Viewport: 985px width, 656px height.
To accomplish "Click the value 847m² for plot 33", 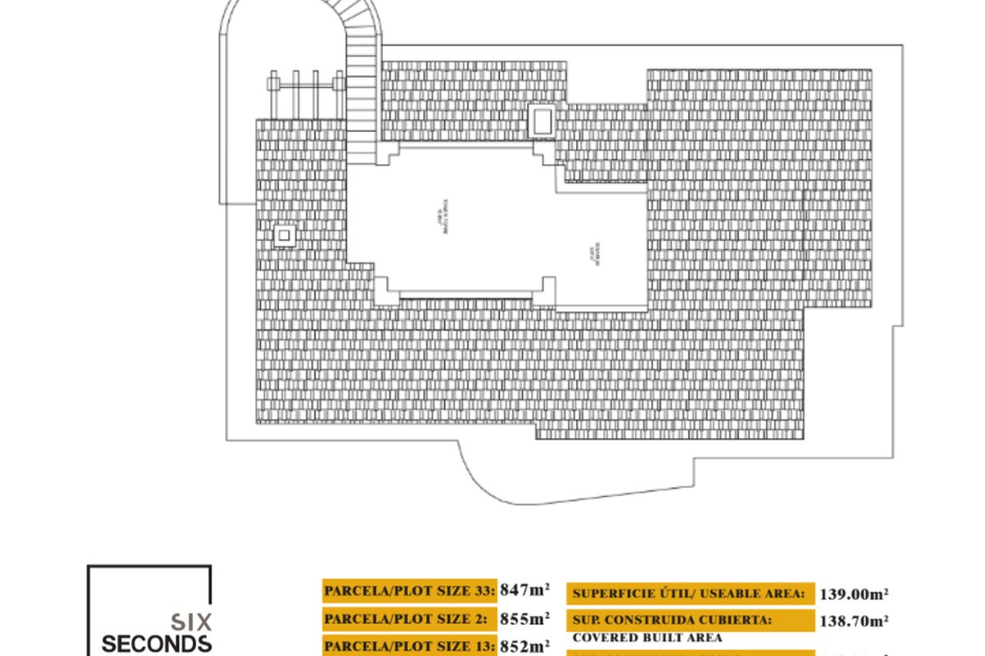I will pyautogui.click(x=525, y=590).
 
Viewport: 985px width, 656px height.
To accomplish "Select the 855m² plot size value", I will pyautogui.click(x=525, y=618).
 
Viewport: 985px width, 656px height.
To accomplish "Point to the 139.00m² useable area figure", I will pyautogui.click(x=854, y=594).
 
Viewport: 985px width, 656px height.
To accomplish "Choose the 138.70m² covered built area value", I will pyautogui.click(x=854, y=622).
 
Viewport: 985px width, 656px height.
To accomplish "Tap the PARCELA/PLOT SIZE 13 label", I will pyautogui.click(x=410, y=645).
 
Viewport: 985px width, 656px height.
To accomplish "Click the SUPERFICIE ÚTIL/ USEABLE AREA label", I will pyautogui.click(x=688, y=594).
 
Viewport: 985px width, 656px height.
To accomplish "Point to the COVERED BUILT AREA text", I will pyautogui.click(x=647, y=637).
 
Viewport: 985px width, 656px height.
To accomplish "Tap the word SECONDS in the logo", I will pyautogui.click(x=157, y=644).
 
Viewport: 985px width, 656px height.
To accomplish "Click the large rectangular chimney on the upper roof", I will pyautogui.click(x=541, y=121).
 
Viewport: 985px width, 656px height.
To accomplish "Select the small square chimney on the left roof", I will pyautogui.click(x=284, y=236).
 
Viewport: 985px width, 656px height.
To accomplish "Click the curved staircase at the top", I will pyautogui.click(x=362, y=66).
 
